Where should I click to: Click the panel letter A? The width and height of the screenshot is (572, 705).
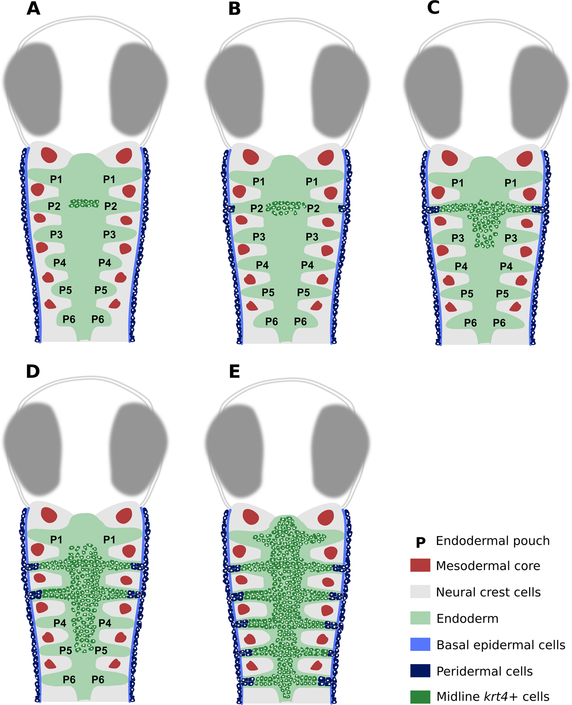coord(33,8)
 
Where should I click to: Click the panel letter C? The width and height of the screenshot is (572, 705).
coord(433,8)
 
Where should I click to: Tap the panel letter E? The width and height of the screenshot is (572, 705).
coord(234,371)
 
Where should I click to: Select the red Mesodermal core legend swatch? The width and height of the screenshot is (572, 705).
coord(420,565)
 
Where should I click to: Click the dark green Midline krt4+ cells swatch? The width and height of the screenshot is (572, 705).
coord(420,697)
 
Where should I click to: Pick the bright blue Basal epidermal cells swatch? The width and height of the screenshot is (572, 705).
coord(420,644)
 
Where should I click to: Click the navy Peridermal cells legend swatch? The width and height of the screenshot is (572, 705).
coord(420,671)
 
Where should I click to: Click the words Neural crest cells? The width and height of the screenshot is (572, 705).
coord(488,592)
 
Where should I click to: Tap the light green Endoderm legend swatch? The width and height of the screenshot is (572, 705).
coord(420,618)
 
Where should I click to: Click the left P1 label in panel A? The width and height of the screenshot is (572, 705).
coord(56,179)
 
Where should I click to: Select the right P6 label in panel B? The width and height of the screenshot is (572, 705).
coord(300,322)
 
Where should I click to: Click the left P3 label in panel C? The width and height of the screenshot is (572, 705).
coord(458,238)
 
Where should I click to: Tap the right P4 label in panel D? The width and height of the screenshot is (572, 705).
coord(105,623)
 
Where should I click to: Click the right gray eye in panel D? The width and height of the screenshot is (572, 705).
coord(139,449)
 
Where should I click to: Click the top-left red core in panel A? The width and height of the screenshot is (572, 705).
coord(49,155)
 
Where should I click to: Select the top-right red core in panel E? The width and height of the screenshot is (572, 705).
coord(326,517)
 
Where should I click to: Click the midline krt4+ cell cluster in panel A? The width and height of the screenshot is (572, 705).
coord(84,203)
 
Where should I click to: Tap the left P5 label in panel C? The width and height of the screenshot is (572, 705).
coord(467,294)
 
